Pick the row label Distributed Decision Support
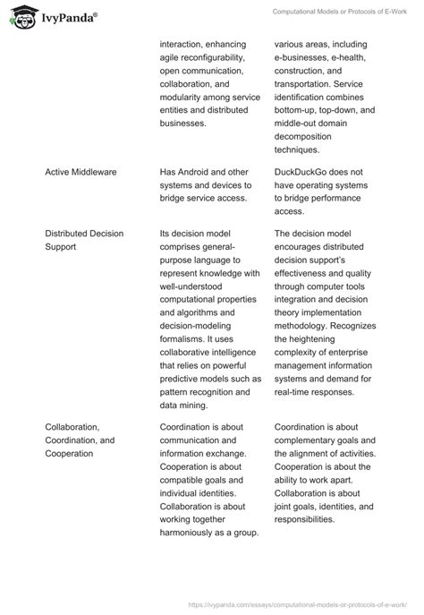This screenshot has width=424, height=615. [x=84, y=240]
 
